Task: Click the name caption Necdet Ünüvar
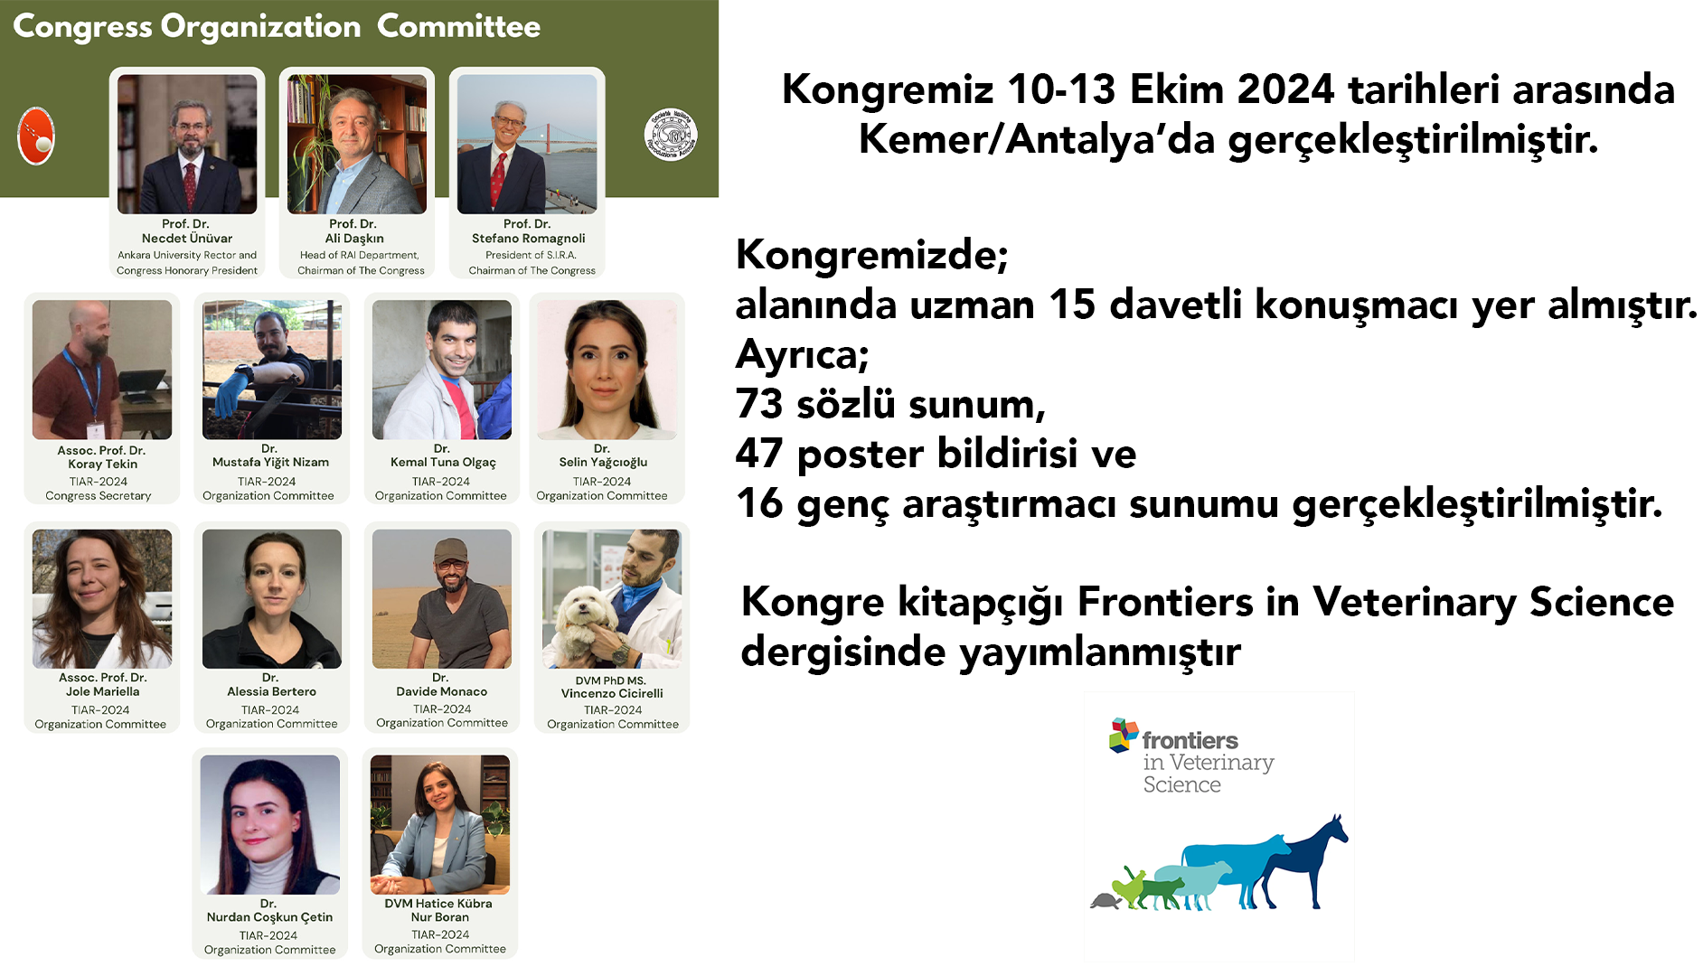coord(187,239)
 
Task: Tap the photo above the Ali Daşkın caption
coord(357,144)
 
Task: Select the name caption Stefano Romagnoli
coord(528,239)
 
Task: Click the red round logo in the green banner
coord(36,136)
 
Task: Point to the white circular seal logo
coord(671,136)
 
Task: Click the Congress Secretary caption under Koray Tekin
coord(99,496)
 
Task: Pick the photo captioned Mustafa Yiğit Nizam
coord(272,370)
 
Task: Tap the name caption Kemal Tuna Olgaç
coord(443,463)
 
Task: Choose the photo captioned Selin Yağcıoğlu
coord(607,370)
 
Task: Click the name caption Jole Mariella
coord(102,692)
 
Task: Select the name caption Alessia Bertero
coord(271,692)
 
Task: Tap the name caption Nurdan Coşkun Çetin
coord(269,917)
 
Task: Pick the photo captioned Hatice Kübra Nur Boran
coord(440,824)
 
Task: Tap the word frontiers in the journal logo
coord(1190,741)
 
